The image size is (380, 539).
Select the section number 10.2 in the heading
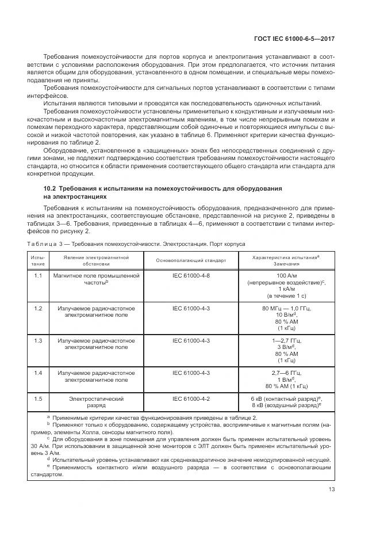tap(51, 189)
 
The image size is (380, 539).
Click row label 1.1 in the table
tap(39, 276)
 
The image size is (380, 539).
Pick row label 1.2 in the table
tap(39, 309)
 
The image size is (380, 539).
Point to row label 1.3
tap(39, 341)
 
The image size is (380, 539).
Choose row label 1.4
tap(39, 373)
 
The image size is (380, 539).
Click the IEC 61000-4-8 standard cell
tap(191, 276)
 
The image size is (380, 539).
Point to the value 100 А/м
tap(286, 276)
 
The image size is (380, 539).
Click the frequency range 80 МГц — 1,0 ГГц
tap(286, 309)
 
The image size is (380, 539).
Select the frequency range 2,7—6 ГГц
tap(286, 373)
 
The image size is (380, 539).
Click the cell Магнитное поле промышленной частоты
tap(95, 280)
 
